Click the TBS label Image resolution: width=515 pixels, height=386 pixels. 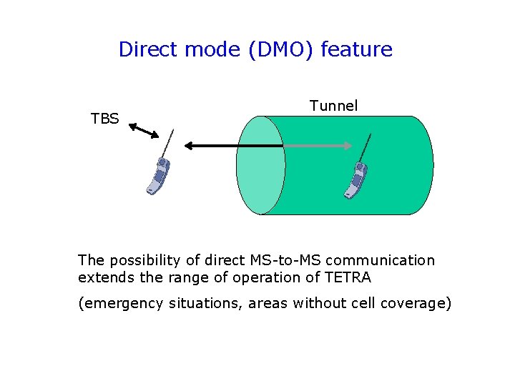tap(104, 119)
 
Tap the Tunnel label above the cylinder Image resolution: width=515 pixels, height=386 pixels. tap(333, 106)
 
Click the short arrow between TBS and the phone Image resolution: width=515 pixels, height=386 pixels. tap(144, 131)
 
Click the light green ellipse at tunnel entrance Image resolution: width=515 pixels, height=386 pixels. tap(260, 165)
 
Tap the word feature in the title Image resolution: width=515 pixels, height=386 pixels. tap(356, 49)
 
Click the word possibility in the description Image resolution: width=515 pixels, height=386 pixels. tap(138, 260)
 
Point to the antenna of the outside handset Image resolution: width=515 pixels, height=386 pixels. tap(168, 144)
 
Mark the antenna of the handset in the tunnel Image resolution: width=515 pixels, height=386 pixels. tap(366, 148)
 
